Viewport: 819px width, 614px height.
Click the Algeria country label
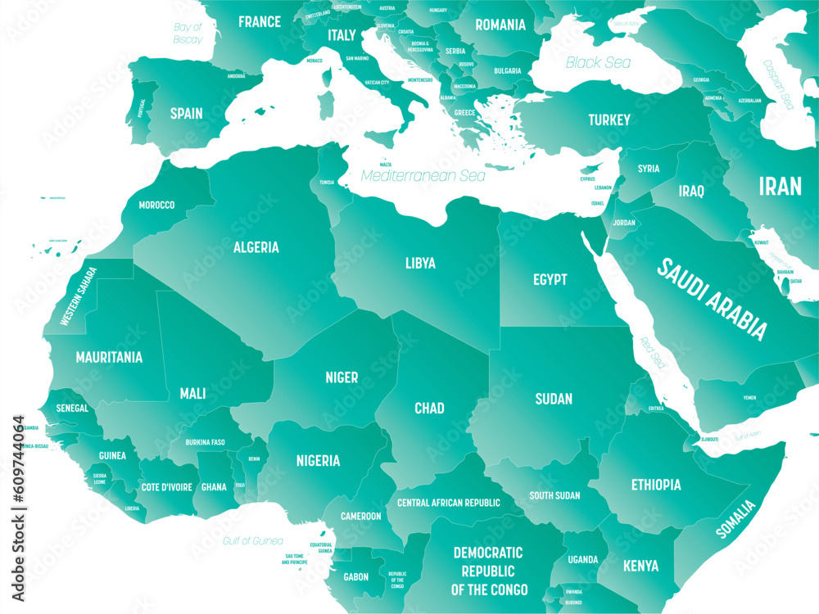[256, 247]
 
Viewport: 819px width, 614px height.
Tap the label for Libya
[420, 264]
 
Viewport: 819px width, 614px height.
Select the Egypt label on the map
[550, 280]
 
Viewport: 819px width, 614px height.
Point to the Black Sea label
[598, 62]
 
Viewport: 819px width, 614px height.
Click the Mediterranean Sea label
[423, 175]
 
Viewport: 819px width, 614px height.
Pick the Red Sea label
[653, 350]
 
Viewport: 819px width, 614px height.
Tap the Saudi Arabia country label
[713, 299]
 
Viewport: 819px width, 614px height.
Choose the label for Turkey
[609, 120]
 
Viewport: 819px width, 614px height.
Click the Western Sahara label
[79, 296]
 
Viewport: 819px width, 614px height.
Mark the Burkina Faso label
[205, 442]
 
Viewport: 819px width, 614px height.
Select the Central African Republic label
[448, 503]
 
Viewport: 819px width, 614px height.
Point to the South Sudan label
[554, 495]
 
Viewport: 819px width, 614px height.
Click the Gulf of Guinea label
[253, 541]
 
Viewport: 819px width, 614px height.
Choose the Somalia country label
[735, 519]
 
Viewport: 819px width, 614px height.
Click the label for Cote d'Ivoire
[165, 487]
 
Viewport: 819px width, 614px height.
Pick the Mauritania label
[109, 358]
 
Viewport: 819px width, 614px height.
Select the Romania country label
[500, 25]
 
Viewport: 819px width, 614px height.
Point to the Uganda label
[583, 560]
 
